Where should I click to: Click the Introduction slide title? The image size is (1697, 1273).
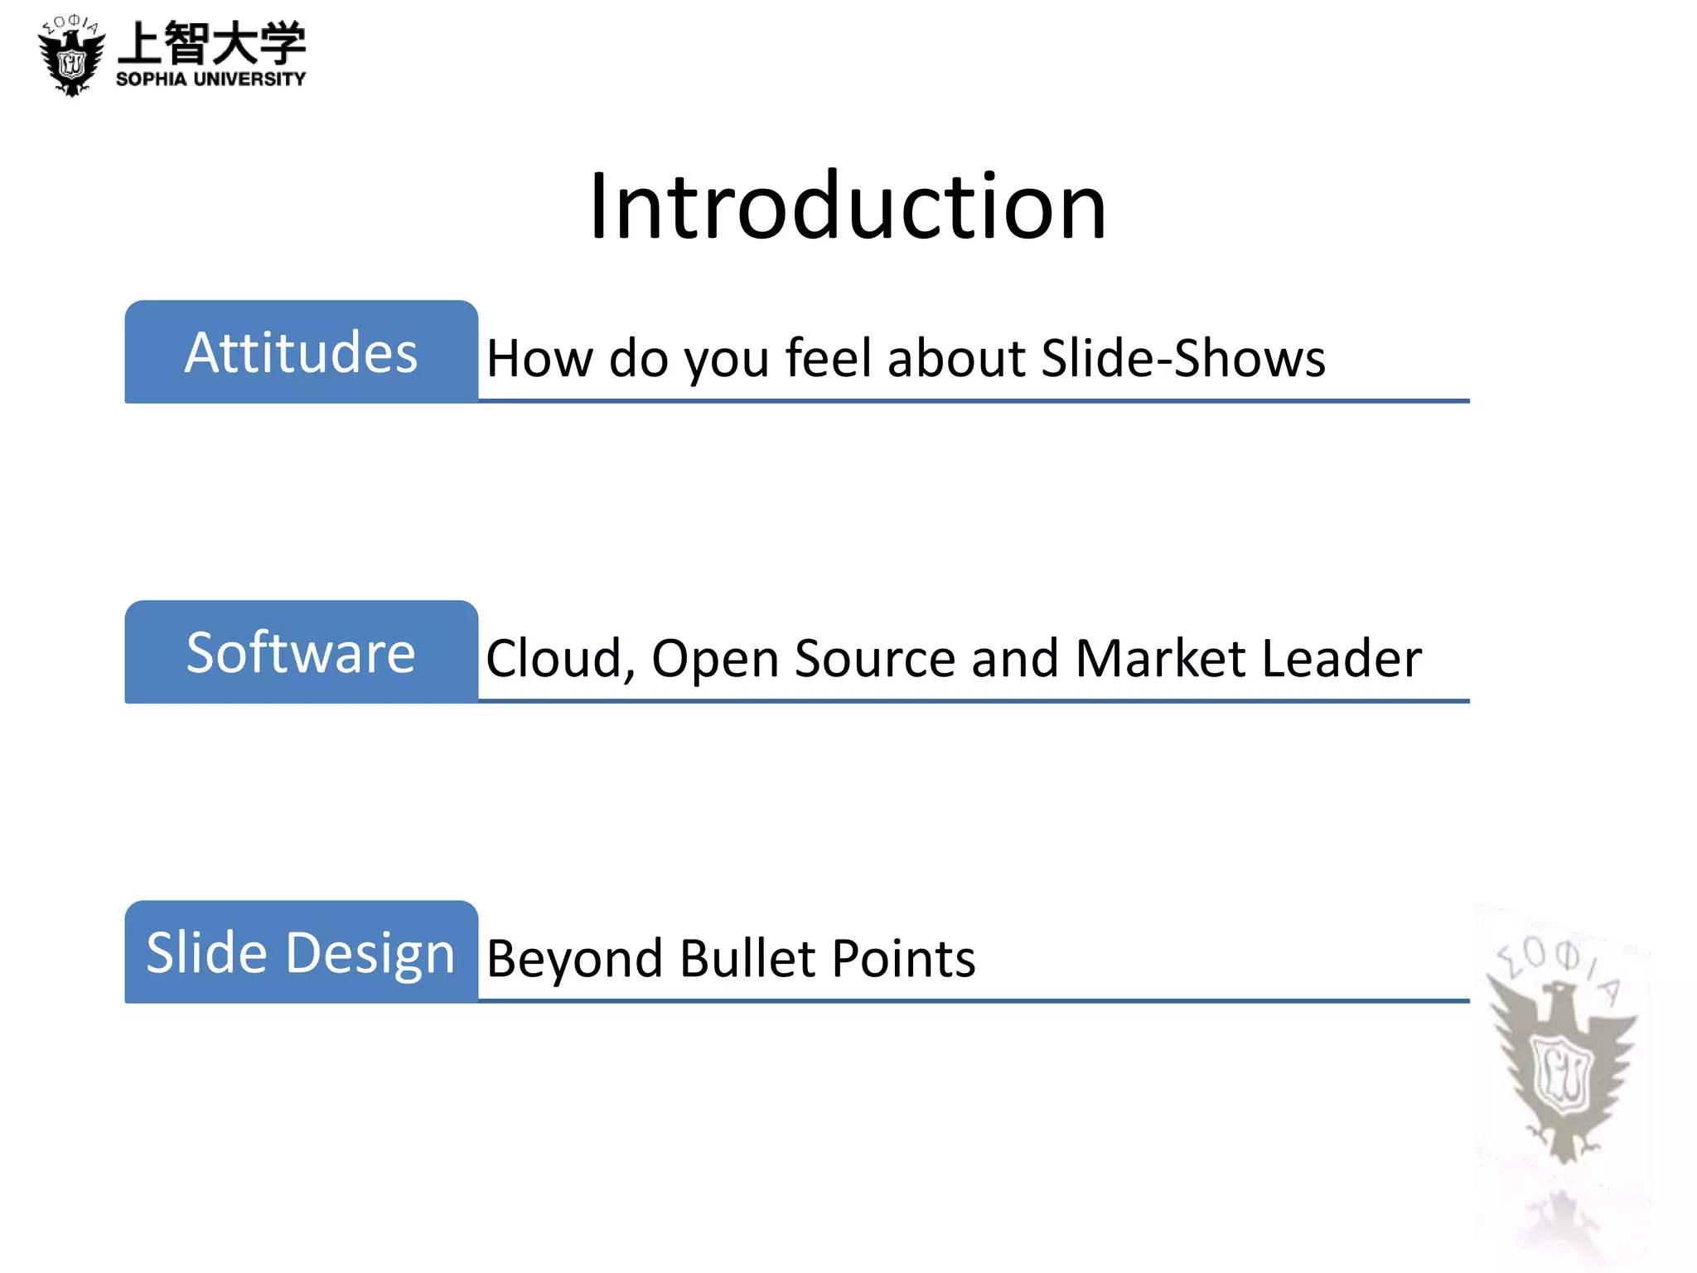click(848, 206)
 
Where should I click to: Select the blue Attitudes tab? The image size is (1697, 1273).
click(301, 352)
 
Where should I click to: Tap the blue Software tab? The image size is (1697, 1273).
click(301, 652)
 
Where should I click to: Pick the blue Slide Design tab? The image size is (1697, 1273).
click(301, 952)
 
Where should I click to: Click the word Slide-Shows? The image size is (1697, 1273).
click(1183, 358)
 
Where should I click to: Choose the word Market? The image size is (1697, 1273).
click(1160, 659)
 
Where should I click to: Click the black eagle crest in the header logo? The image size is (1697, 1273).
click(72, 58)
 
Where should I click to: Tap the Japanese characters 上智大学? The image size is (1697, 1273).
click(212, 43)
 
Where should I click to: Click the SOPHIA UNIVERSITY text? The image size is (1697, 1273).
click(211, 80)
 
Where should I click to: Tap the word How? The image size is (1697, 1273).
click(539, 358)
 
